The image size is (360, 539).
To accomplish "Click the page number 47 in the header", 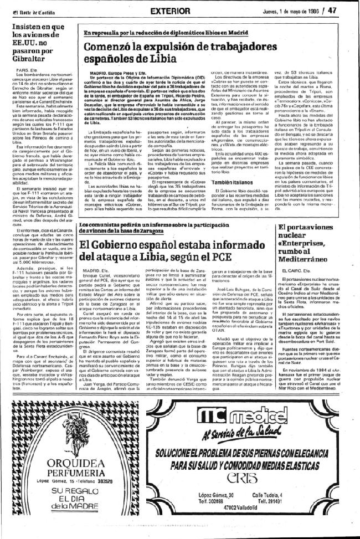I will pos(347,9).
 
